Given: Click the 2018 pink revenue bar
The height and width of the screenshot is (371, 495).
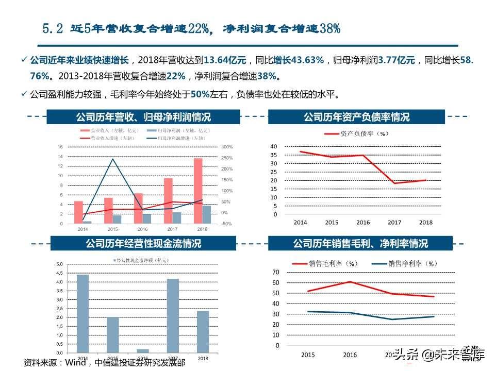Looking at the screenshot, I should [x=198, y=191].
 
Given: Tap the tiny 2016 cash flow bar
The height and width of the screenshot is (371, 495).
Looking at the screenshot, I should [x=143, y=350].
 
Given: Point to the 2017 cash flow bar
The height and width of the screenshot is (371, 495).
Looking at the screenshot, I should [x=173, y=315].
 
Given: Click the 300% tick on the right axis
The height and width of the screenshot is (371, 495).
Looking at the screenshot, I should [x=227, y=147].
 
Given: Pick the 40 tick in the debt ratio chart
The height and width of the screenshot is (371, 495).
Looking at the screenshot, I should [x=273, y=146].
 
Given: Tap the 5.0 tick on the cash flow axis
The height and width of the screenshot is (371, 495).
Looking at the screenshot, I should [x=59, y=264].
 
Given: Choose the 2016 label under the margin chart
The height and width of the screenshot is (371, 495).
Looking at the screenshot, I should [x=350, y=355].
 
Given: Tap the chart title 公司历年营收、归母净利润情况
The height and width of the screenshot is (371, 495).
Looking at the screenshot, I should [x=143, y=117].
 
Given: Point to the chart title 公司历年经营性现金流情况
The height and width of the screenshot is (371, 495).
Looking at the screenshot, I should [x=143, y=243].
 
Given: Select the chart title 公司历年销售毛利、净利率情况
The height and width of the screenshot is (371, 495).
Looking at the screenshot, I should [x=360, y=243].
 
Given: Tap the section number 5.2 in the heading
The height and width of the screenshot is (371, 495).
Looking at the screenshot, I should [x=52, y=29].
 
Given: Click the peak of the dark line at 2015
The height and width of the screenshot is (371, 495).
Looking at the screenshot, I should [x=112, y=159].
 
